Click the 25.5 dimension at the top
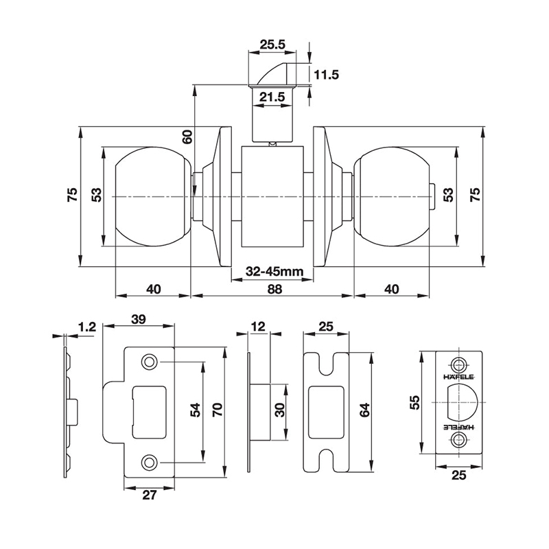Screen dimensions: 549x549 [272, 45]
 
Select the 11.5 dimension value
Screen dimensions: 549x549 [327, 75]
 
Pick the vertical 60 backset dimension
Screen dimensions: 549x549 [187, 137]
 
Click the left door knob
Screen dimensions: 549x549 [153, 196]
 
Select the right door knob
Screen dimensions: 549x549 [391, 196]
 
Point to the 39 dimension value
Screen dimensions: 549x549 [139, 319]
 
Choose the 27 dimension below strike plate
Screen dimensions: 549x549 [149, 495]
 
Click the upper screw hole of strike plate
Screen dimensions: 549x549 [148, 362]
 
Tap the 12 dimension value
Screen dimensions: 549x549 [259, 327]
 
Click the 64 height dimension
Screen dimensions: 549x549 [364, 410]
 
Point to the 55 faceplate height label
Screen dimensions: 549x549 [414, 403]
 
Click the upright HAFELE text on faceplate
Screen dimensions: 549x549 [458, 377]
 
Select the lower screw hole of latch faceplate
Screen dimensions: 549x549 [458, 439]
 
